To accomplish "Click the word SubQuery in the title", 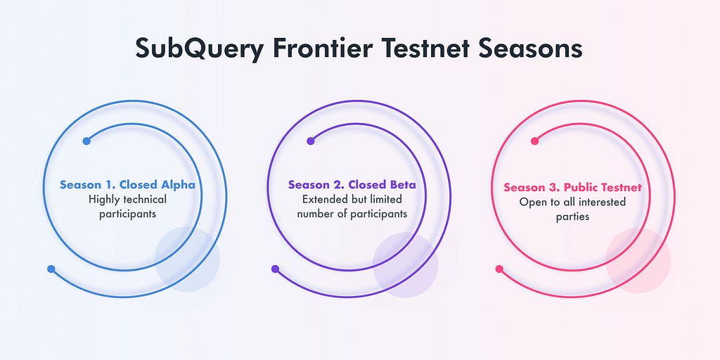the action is point(199,49).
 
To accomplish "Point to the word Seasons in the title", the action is point(530,48).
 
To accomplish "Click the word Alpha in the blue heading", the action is point(178,185).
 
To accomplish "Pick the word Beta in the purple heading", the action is point(403,185).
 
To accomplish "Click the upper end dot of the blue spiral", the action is point(86,141).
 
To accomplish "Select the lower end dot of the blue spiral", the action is point(51,269).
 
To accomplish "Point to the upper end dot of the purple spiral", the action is point(310,141).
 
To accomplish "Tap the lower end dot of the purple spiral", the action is point(275,269).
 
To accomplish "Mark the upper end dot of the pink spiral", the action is point(534,141).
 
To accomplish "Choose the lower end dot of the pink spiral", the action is point(499,269).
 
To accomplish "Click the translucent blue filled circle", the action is point(187,259).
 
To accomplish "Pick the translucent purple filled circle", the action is point(405,265).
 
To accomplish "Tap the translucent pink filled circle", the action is point(638,260).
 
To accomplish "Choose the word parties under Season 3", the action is point(572,217).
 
